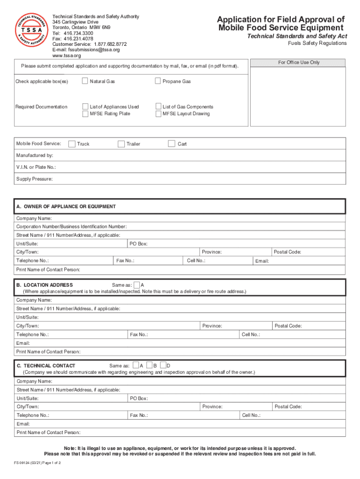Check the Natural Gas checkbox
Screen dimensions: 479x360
coord(85,81)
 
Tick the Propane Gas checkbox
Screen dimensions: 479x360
coord(158,81)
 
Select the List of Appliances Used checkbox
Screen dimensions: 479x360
coord(86,107)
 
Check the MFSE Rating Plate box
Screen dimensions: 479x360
coord(86,114)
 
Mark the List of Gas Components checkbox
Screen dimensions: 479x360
coord(158,107)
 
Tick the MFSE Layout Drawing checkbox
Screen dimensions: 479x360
coord(158,114)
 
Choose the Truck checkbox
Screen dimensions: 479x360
coord(72,144)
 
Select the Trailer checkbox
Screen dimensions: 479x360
coord(121,144)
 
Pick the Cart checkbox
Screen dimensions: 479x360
coord(172,144)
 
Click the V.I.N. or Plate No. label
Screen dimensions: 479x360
coord(36,167)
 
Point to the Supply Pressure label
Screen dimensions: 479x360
coord(35,179)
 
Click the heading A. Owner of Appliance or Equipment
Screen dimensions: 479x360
coord(66,206)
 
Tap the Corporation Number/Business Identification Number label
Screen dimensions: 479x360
coord(71,226)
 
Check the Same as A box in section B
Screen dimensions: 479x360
coord(137,285)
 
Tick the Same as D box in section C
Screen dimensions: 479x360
coord(163,365)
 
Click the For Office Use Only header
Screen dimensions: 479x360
coord(299,62)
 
